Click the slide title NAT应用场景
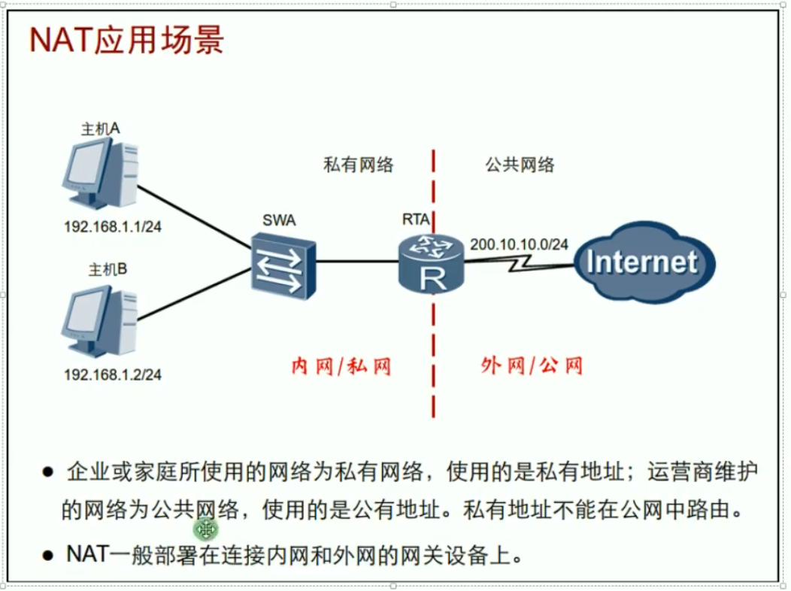click(126, 40)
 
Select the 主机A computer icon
click(100, 173)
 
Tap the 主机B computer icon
click(99, 321)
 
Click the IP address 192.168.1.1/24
click(113, 227)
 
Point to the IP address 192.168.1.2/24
click(113, 374)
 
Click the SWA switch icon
click(283, 265)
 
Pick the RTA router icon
click(431, 264)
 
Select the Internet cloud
click(644, 262)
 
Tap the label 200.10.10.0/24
click(519, 244)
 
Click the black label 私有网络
click(358, 165)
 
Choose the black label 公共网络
click(520, 165)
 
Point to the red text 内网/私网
click(341, 366)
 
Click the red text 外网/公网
click(532, 365)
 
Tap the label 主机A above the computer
click(101, 129)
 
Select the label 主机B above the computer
click(108, 270)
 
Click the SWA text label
click(279, 220)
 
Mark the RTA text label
click(416, 220)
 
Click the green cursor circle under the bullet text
click(205, 529)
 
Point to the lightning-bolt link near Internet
click(520, 262)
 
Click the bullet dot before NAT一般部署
click(48, 556)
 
